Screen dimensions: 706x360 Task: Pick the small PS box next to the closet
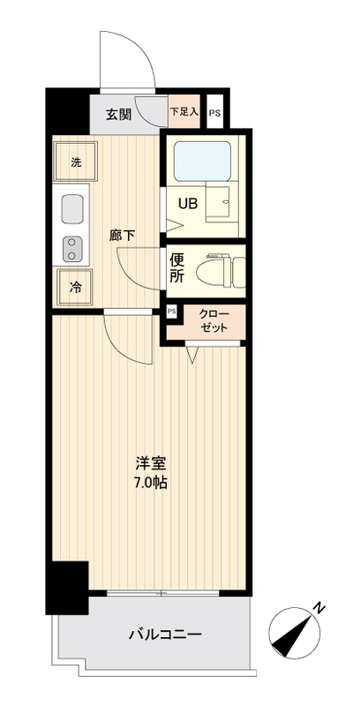(171, 312)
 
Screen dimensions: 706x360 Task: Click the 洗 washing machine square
(76, 162)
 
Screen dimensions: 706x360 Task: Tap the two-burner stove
(71, 250)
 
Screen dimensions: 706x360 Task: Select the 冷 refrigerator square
(76, 286)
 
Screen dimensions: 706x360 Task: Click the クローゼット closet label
(214, 320)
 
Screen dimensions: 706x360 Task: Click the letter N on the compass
(320, 608)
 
